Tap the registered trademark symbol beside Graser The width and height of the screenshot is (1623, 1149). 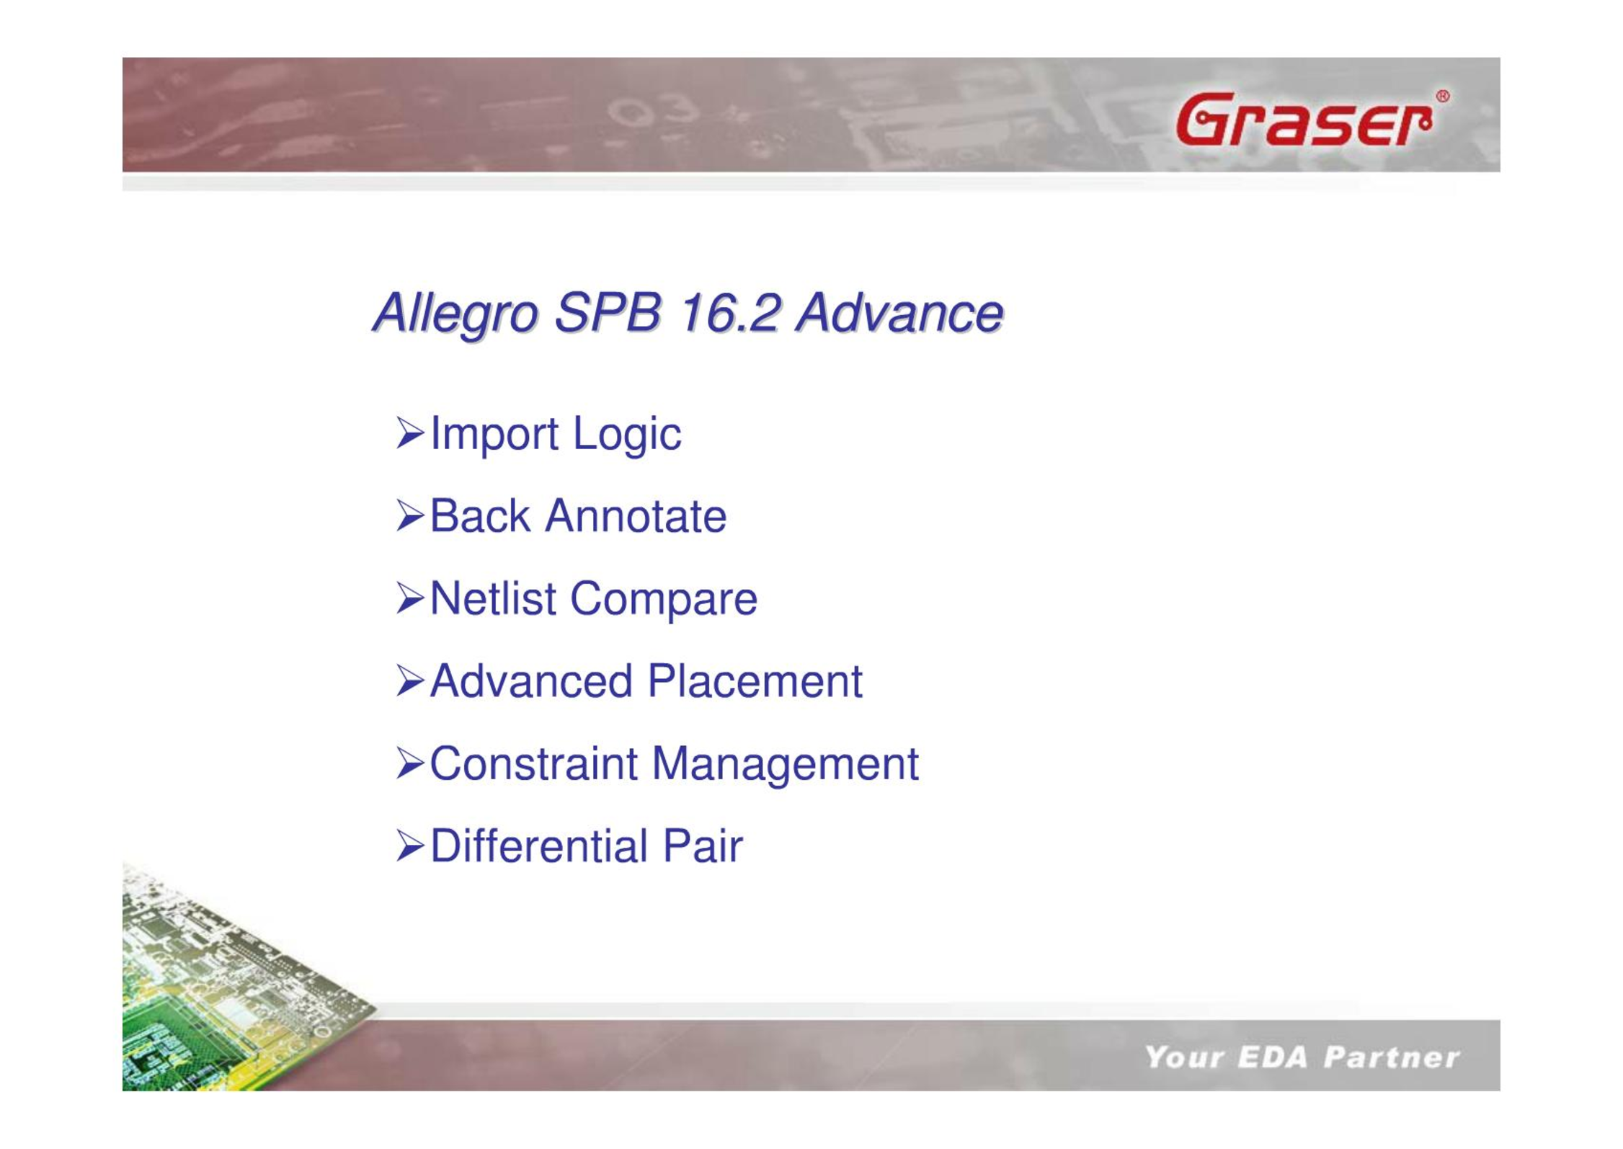click(x=1442, y=97)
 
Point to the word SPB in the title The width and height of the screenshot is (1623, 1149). click(x=608, y=313)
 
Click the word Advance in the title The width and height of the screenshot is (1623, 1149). click(x=899, y=314)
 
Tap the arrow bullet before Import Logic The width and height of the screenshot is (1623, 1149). click(x=410, y=432)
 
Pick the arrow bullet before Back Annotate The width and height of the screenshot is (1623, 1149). click(x=410, y=515)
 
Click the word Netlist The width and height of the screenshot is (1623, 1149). click(x=493, y=598)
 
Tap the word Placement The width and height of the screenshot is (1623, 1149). click(x=755, y=681)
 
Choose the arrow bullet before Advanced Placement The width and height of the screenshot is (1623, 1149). click(x=410, y=680)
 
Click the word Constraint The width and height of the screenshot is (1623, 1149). click(x=533, y=763)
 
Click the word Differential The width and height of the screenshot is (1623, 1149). click(x=538, y=846)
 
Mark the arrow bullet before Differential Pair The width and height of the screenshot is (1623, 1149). click(x=410, y=846)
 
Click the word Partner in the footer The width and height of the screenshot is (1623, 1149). click(x=1391, y=1057)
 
